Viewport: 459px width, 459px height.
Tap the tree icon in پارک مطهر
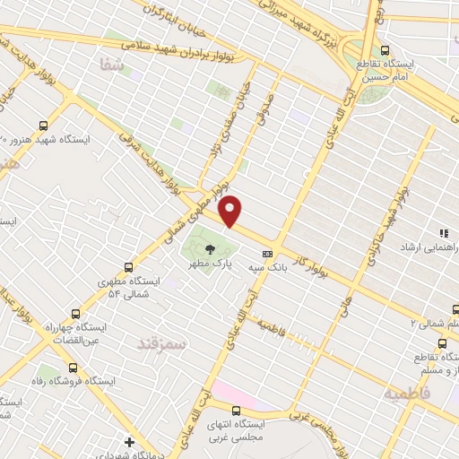click(x=209, y=250)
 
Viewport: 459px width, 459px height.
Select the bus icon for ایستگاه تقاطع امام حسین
click(x=385, y=50)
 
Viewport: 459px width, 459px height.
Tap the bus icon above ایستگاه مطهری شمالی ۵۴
click(x=129, y=267)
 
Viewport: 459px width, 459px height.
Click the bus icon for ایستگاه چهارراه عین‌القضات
click(x=74, y=314)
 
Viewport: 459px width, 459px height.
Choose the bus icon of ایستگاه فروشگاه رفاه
click(x=73, y=367)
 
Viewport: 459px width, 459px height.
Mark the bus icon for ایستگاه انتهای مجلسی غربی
click(x=236, y=411)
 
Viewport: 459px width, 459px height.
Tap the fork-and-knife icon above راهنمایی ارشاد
click(x=443, y=233)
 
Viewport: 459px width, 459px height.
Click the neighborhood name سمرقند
click(x=161, y=342)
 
